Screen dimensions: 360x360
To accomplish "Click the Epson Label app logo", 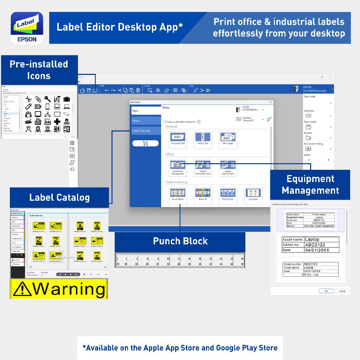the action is coord(27,28).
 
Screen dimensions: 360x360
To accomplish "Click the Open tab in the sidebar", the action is coord(146,121).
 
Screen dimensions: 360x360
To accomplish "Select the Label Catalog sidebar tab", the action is coord(146,131).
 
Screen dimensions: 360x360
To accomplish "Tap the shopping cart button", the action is coord(145,143).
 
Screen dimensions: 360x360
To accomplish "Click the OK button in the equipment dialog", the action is coord(326,291).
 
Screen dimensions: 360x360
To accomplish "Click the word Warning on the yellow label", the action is coord(69,289).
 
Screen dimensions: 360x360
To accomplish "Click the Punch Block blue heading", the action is coord(180,241).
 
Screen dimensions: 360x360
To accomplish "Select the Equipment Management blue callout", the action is coord(310,185).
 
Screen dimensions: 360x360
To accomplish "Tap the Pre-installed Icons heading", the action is coord(39,70).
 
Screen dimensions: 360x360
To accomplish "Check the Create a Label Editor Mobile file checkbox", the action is coord(165,122).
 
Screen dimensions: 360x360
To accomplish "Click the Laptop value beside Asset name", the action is coord(312,239).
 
